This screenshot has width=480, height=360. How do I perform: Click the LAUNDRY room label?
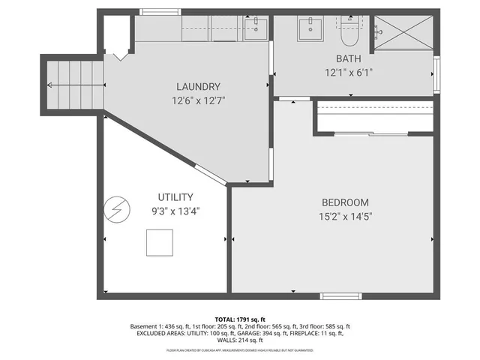pos(198,86)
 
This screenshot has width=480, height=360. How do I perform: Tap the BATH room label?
pos(348,58)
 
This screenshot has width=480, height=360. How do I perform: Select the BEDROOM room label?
pos(345,202)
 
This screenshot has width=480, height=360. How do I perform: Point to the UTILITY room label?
pos(175,197)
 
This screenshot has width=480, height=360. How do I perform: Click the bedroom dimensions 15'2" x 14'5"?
pos(346,216)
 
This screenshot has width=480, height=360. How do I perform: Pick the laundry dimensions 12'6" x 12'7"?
pos(198,100)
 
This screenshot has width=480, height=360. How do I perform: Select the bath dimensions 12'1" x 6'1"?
pos(348,73)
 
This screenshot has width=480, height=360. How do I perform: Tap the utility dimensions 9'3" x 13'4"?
pos(175,211)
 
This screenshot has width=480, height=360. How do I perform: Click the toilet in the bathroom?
pos(349,31)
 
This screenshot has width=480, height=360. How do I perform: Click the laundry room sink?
pos(255,28)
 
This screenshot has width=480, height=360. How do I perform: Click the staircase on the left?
pos(73,85)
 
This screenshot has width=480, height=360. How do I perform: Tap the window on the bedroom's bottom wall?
pos(337,296)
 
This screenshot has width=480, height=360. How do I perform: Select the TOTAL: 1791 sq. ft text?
pos(240,319)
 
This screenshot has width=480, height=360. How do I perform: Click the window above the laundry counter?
pos(154,12)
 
